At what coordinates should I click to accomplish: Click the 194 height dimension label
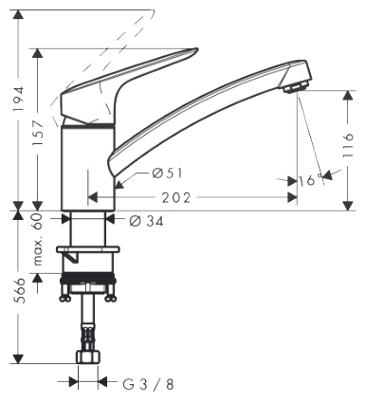(x=19, y=99)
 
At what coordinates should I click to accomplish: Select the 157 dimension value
(x=38, y=133)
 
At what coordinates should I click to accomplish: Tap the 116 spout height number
(x=347, y=145)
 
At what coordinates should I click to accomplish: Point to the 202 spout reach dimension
(x=176, y=198)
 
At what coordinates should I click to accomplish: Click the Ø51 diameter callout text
(x=168, y=174)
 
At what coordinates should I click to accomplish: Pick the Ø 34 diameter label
(x=147, y=221)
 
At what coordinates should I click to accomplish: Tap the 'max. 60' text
(x=38, y=239)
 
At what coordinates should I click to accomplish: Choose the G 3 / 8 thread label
(x=148, y=384)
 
